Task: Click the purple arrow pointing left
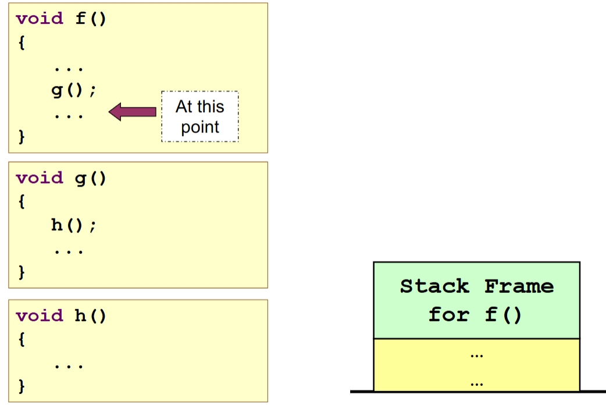132,111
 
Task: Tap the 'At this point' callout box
199,117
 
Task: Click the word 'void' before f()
40,18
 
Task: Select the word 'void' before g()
40,177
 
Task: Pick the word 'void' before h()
40,316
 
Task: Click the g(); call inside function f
73,90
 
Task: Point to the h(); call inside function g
73,225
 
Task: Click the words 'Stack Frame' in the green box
476,286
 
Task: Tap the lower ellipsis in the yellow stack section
476,384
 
